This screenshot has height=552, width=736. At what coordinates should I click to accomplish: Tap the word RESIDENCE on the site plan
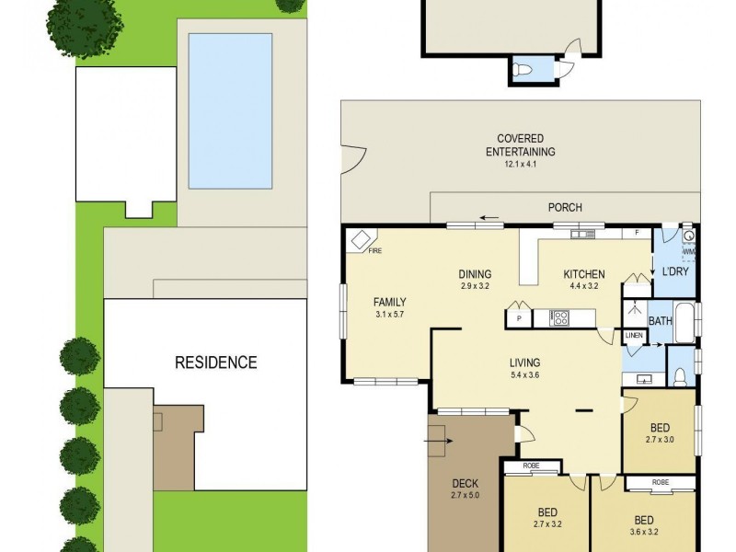point(216,362)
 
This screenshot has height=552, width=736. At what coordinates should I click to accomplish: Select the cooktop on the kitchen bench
point(559,318)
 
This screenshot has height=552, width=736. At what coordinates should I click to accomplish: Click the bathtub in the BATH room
point(683,321)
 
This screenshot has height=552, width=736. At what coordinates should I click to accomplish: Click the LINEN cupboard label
point(634,336)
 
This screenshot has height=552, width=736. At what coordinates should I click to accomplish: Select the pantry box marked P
point(519,318)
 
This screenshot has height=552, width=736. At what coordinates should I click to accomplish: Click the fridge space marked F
point(637,234)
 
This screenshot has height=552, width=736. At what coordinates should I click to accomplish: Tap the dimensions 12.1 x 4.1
point(520,165)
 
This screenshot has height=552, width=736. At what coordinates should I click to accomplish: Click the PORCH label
point(565,208)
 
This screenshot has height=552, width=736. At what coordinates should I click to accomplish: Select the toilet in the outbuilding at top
point(523,70)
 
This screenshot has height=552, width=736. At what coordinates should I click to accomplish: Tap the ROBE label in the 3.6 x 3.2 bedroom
point(660,482)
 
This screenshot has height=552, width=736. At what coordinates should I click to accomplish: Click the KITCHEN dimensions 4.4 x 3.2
point(585,286)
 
